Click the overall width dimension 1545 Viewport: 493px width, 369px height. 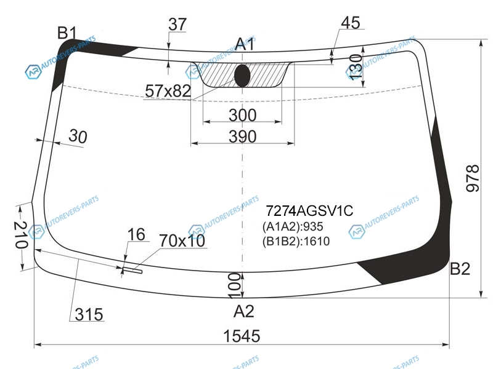pos(242,336)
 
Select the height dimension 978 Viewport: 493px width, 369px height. pos(472,178)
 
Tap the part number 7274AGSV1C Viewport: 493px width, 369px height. pos(309,211)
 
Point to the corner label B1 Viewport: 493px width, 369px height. pos(67,33)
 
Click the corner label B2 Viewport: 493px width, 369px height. pos(460,269)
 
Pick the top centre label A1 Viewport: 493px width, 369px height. pos(245,44)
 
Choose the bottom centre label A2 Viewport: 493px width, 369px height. pos(243,311)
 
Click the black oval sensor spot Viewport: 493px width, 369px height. pos(242,76)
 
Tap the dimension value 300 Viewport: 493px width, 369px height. pos(242,115)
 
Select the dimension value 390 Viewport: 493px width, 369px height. pos(242,137)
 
